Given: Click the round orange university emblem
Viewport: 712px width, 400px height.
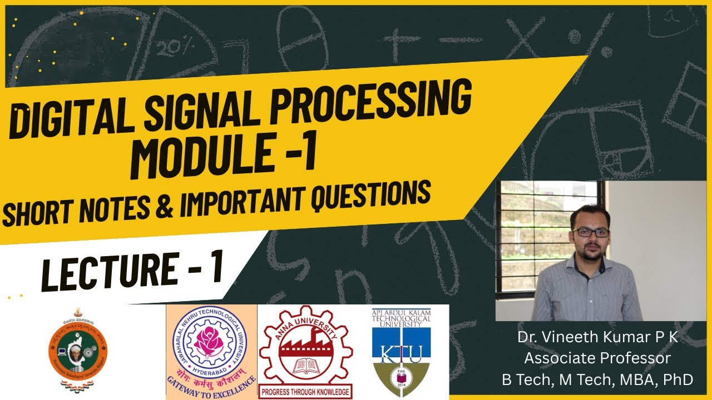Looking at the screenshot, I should (78, 350).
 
